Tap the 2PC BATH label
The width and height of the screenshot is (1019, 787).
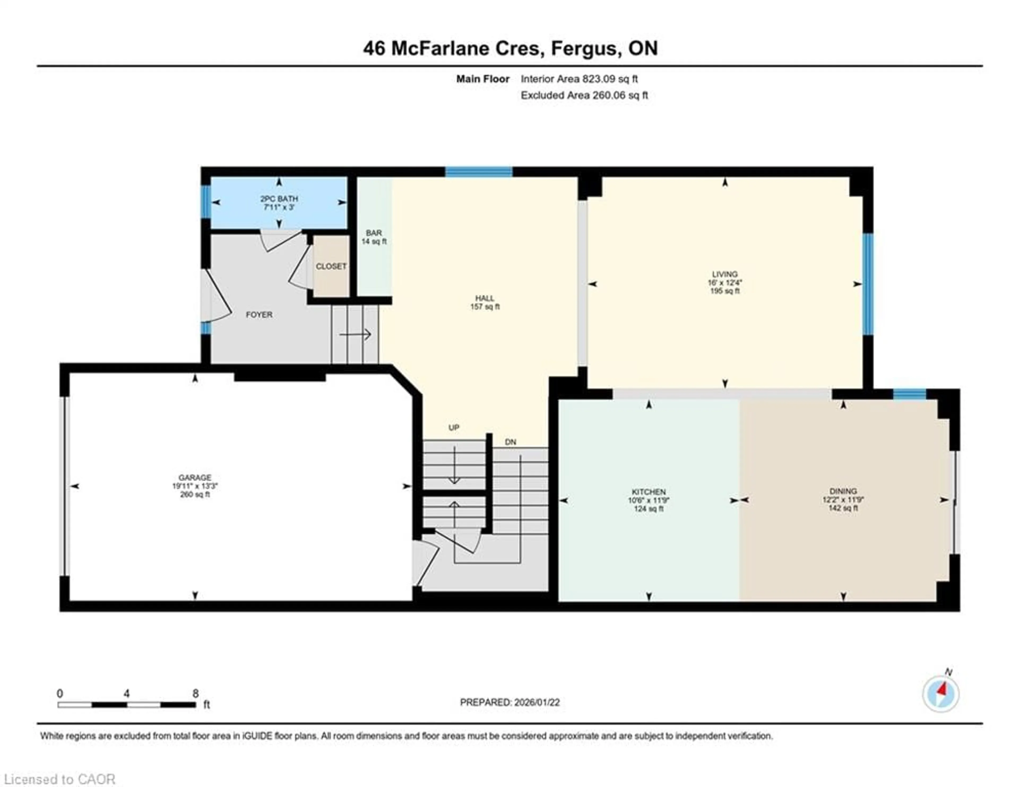[279, 199]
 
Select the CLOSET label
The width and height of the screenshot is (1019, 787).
[331, 266]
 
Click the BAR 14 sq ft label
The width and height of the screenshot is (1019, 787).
[374, 237]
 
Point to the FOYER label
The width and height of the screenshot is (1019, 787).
[259, 315]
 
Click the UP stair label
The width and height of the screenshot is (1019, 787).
[454, 427]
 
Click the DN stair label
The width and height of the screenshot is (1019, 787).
[511, 442]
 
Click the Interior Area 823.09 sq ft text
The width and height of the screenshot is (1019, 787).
[579, 79]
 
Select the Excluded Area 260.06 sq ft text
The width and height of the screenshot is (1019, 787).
[584, 95]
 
